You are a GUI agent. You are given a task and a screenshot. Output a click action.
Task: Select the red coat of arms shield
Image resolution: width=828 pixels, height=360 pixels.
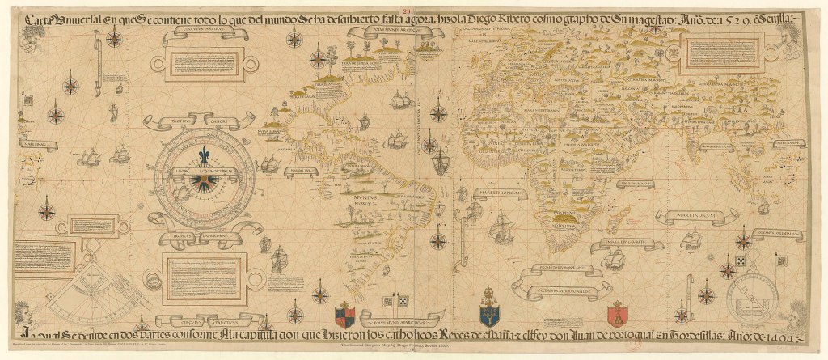click(x=617, y=311)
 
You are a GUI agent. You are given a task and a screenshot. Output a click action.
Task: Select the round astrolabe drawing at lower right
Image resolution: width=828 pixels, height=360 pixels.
click(x=751, y=294)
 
